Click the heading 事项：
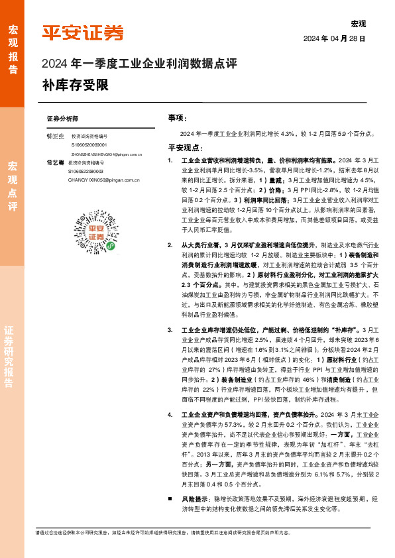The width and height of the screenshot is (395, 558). pyautogui.click(x=176, y=117)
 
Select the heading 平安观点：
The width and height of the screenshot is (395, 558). pyautogui.click(x=183, y=146)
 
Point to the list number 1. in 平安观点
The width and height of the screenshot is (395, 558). pyautogui.click(x=171, y=161)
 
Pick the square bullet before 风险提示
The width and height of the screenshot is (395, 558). pyautogui.click(x=171, y=497)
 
